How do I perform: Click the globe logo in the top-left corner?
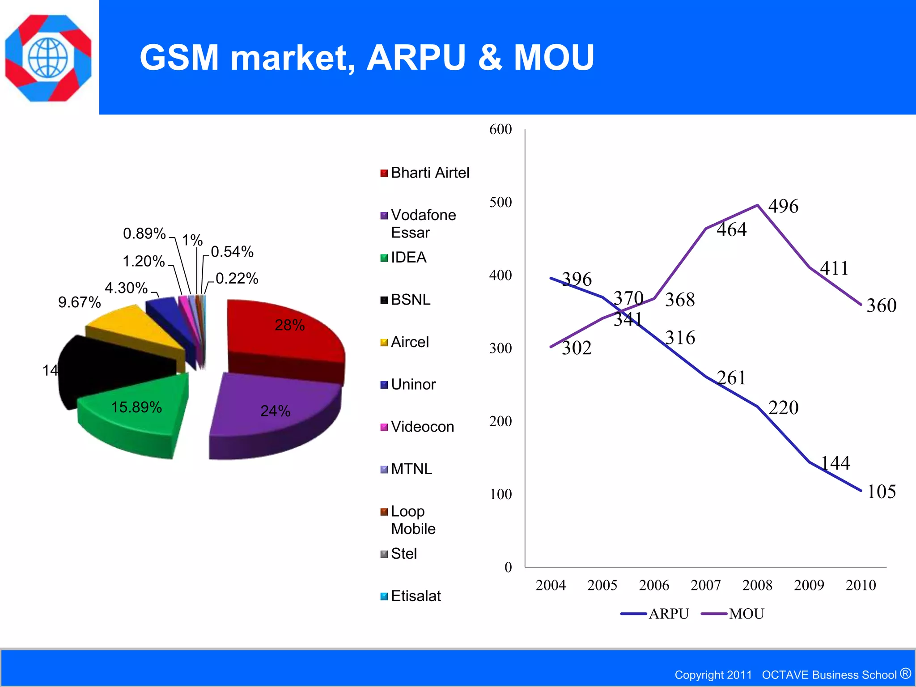pyautogui.click(x=48, y=58)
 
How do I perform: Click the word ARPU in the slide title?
pyautogui.click(x=416, y=58)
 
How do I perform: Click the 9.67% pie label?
pyautogui.click(x=80, y=303)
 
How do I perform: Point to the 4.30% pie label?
pyautogui.click(x=126, y=288)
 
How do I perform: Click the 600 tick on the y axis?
pyautogui.click(x=500, y=130)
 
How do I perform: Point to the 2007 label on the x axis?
pyautogui.click(x=706, y=585)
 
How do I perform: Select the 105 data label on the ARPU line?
pyautogui.click(x=881, y=492)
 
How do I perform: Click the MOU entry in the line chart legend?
pyautogui.click(x=746, y=614)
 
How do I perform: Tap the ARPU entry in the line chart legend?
pyautogui.click(x=668, y=614)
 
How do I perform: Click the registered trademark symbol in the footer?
pyautogui.click(x=906, y=673)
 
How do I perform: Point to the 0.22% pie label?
pyautogui.click(x=237, y=279)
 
